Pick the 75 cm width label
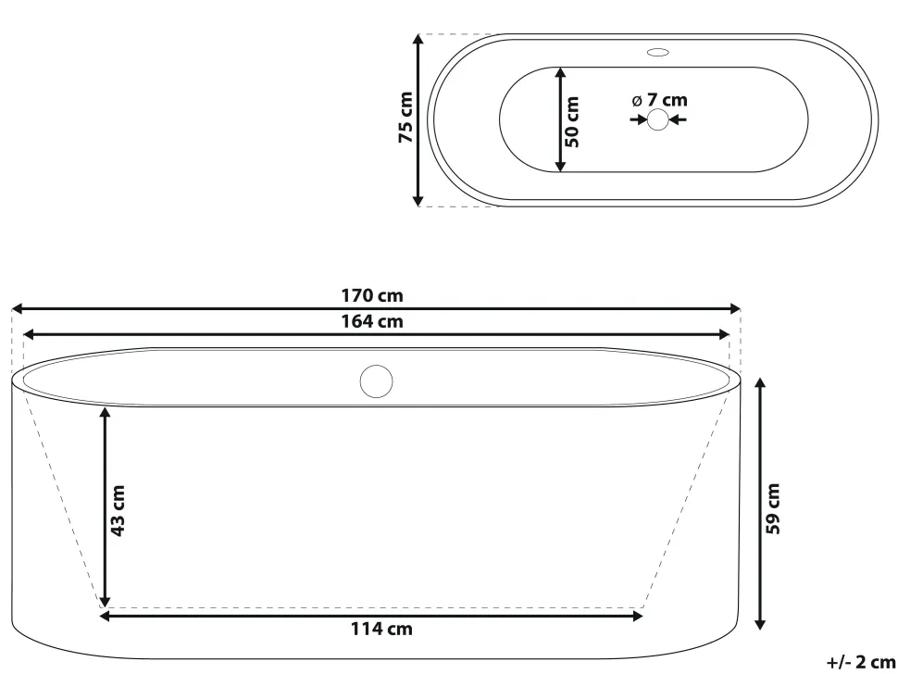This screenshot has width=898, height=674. [405, 119]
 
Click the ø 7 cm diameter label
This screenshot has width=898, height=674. [660, 100]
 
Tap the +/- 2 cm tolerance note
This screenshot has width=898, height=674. [861, 662]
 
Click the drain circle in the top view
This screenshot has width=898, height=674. [658, 119]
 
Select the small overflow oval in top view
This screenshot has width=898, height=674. [658, 53]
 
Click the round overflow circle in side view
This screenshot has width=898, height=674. [377, 382]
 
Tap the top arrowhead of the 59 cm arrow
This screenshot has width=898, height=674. [759, 382]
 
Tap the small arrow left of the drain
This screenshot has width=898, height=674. [639, 119]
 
